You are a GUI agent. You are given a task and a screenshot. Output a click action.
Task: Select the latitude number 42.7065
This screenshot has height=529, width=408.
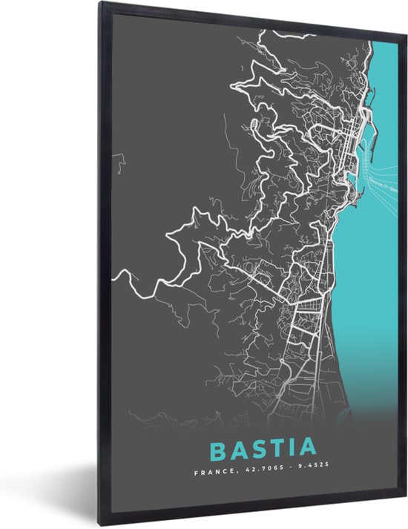tap(260, 471)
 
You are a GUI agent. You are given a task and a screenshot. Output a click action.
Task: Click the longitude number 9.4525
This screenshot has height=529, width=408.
tap(306, 471)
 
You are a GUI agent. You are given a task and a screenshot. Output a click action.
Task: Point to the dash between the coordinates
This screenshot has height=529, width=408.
tap(284, 471)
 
